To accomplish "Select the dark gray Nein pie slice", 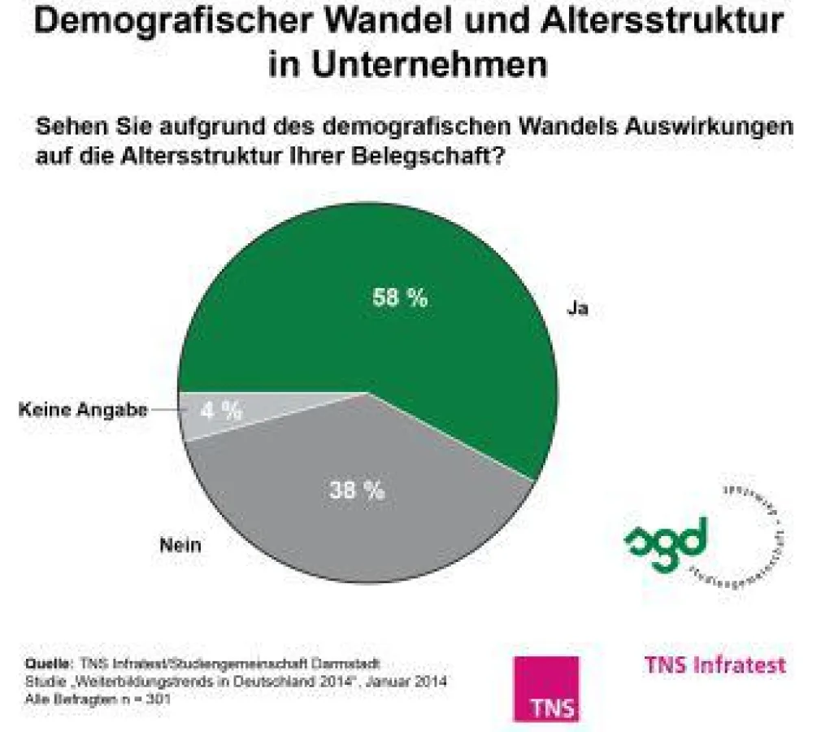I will (358, 521).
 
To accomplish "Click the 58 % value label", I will (399, 298).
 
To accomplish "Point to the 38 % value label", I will (357, 490).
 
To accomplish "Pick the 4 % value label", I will (221, 411).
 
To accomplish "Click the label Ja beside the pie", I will (577, 310).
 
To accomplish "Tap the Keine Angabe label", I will (83, 411).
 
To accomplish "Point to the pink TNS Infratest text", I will (715, 664).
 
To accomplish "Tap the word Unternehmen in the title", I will (408, 65).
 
